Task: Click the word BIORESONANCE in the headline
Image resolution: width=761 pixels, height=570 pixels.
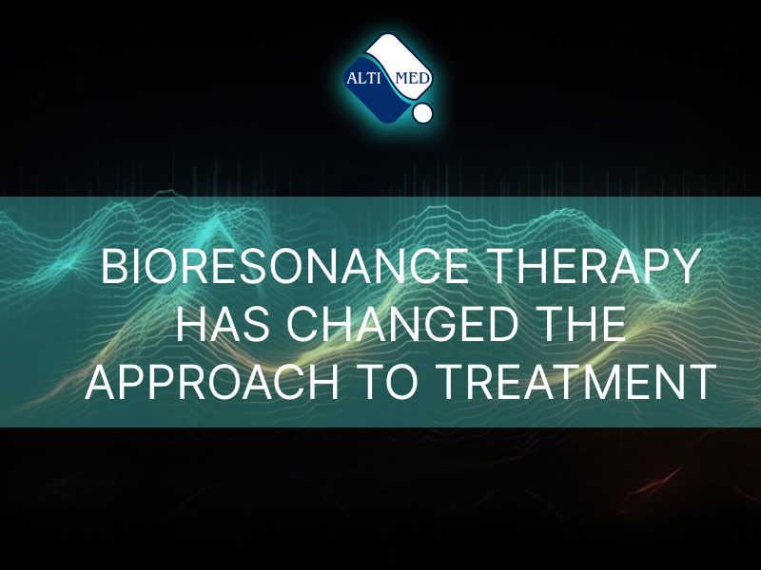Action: tap(284, 266)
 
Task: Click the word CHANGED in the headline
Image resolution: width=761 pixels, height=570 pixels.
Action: tap(402, 324)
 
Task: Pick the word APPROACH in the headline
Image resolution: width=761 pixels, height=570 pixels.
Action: tap(211, 382)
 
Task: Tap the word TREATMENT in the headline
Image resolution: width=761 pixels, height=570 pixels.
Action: tap(576, 382)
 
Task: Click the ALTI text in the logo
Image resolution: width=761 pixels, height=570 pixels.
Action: tap(363, 78)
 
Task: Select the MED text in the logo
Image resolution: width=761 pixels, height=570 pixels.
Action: tap(413, 78)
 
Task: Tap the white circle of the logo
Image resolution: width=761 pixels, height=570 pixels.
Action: tap(421, 112)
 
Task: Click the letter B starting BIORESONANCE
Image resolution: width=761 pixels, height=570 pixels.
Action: tap(113, 266)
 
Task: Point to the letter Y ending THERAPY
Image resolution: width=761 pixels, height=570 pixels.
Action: tap(685, 266)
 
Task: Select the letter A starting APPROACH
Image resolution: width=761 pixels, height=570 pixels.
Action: tap(101, 382)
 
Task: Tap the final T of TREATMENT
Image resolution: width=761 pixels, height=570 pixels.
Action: tap(703, 382)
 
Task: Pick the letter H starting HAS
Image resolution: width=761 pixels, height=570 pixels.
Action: tap(189, 324)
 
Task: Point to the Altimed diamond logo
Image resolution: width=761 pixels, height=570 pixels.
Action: tap(388, 78)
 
